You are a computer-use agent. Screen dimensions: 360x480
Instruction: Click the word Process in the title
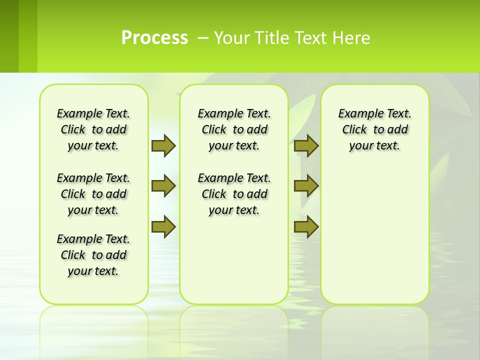pyautogui.click(x=154, y=38)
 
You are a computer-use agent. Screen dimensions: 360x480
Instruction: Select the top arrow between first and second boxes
pyautogui.click(x=163, y=145)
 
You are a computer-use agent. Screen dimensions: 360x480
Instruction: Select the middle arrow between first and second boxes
pyautogui.click(x=163, y=186)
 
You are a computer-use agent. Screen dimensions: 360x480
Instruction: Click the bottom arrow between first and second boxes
pyautogui.click(x=163, y=226)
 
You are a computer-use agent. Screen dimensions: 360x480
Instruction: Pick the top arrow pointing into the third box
pyautogui.click(x=306, y=145)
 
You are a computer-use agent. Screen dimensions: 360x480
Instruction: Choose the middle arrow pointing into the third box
pyautogui.click(x=306, y=186)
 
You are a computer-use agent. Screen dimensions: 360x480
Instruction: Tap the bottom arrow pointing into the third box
pyautogui.click(x=306, y=226)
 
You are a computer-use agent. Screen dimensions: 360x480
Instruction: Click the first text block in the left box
pyautogui.click(x=93, y=129)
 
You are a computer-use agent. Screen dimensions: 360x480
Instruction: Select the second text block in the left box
pyautogui.click(x=93, y=194)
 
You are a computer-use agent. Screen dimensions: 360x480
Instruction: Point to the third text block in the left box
pyautogui.click(x=93, y=255)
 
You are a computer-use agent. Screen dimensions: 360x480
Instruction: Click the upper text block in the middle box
pyautogui.click(x=234, y=129)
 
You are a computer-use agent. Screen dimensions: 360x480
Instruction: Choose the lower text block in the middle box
pyautogui.click(x=234, y=194)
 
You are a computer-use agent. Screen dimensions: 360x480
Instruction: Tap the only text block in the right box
pyautogui.click(x=374, y=129)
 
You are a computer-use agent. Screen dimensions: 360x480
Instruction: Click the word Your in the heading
pyautogui.click(x=229, y=38)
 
